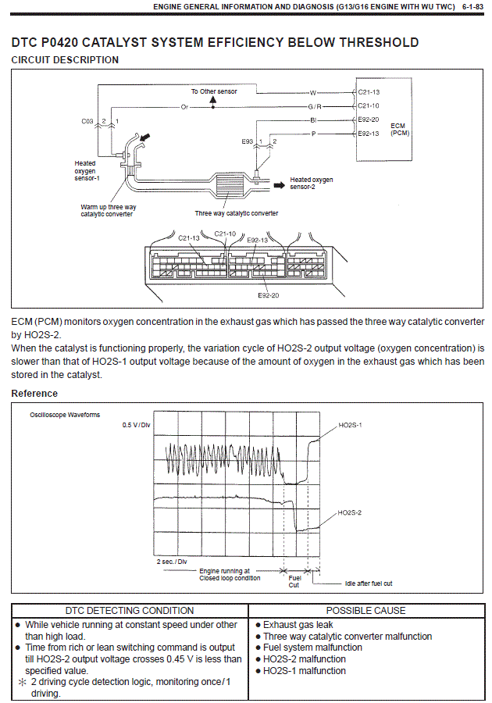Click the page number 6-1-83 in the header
tap(472, 6)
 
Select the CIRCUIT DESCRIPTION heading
tap(66, 60)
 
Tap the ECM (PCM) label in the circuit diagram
tap(399, 129)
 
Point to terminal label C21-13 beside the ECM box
tap(369, 92)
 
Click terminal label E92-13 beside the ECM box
tap(369, 134)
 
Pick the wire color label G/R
tap(313, 105)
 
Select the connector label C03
tap(87, 121)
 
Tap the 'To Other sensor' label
tap(214, 91)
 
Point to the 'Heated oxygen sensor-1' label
tap(86, 171)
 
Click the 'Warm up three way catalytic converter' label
tap(107, 210)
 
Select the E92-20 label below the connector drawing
tap(269, 296)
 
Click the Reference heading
tap(34, 394)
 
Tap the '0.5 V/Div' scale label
tap(136, 425)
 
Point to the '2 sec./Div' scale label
tap(172, 562)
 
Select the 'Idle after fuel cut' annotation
tap(369, 583)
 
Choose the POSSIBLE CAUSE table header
tap(365, 610)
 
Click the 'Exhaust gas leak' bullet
tap(298, 625)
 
